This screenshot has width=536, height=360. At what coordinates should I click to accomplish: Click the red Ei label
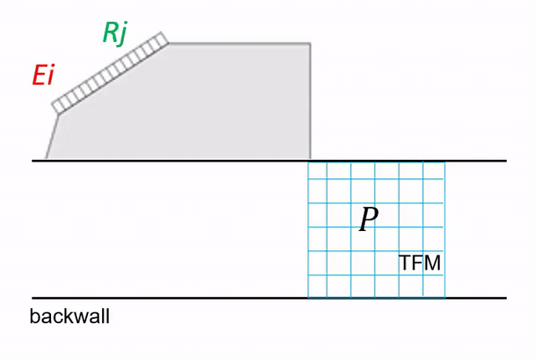pyautogui.click(x=43, y=75)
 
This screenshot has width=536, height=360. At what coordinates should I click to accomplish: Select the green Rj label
pyautogui.click(x=116, y=33)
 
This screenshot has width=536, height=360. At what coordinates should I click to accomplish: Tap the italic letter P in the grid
pyautogui.click(x=368, y=219)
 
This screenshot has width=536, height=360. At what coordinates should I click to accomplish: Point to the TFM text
pyautogui.click(x=420, y=263)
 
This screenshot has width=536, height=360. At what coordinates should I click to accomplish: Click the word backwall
pyautogui.click(x=70, y=316)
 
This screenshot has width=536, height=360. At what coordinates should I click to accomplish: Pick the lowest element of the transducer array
pyautogui.click(x=57, y=107)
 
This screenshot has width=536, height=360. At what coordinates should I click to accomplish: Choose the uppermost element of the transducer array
pyautogui.click(x=162, y=39)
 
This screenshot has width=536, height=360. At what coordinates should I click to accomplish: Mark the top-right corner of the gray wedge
pyautogui.click(x=310, y=44)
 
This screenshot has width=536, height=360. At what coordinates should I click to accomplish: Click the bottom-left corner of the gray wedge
pyautogui.click(x=46, y=159)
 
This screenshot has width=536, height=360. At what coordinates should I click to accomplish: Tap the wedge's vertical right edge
pyautogui.click(x=310, y=101)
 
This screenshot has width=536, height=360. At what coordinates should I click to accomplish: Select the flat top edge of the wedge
pyautogui.click(x=240, y=44)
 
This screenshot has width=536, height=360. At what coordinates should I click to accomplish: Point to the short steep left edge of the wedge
pyautogui.click(x=52, y=136)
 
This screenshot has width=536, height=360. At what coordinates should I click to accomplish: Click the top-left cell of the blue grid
pyautogui.click(x=317, y=170)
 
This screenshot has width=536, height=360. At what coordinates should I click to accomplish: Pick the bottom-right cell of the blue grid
pyautogui.click(x=434, y=285)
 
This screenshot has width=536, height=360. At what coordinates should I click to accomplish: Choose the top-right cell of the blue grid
pyautogui.click(x=434, y=170)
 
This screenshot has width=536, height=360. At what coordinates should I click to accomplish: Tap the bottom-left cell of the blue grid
pyautogui.click(x=317, y=285)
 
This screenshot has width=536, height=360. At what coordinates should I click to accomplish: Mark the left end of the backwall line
pyautogui.click(x=33, y=298)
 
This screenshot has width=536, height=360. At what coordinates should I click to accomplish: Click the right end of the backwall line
pyautogui.click(x=506, y=298)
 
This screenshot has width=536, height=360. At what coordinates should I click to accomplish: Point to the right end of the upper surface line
pyautogui.click(x=506, y=161)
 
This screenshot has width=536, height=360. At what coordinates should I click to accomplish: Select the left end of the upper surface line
pyautogui.click(x=33, y=161)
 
